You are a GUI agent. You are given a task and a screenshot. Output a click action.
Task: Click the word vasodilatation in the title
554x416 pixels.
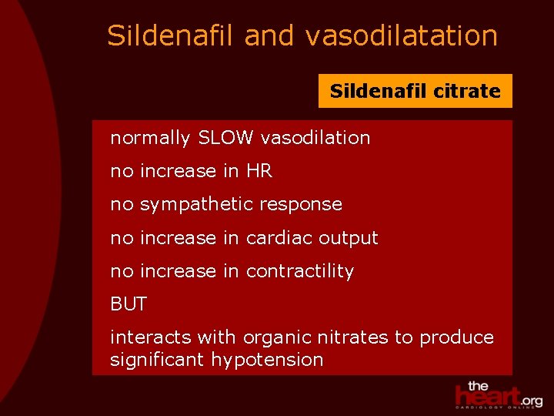(x=402, y=35)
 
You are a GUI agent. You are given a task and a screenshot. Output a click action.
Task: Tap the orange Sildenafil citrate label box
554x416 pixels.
(x=415, y=91)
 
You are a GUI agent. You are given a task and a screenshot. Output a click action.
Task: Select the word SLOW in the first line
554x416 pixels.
(x=226, y=138)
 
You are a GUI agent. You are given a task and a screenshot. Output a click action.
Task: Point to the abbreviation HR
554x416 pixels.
(x=259, y=171)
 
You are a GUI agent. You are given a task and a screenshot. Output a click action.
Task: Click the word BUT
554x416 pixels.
(x=128, y=304)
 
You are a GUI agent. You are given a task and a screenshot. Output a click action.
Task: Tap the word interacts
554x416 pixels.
(x=150, y=337)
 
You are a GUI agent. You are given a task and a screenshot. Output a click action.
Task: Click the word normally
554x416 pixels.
(x=150, y=139)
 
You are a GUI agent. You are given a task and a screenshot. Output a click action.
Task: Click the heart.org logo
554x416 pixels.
(x=498, y=394)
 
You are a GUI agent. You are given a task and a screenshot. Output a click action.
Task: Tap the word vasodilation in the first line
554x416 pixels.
(x=315, y=138)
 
